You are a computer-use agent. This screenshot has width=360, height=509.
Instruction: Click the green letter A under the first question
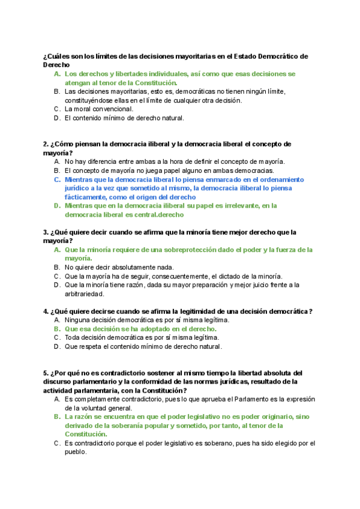click(56, 74)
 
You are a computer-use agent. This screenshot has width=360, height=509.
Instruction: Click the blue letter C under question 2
click(56, 179)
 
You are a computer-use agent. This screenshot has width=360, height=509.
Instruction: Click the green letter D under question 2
click(56, 206)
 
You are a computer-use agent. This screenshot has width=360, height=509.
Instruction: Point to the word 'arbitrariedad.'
click(85, 294)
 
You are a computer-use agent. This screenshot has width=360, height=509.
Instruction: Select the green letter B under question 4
click(56, 329)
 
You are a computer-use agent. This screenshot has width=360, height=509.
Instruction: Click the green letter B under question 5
click(56, 417)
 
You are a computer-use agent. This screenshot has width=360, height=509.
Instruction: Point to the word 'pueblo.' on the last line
click(76, 452)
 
